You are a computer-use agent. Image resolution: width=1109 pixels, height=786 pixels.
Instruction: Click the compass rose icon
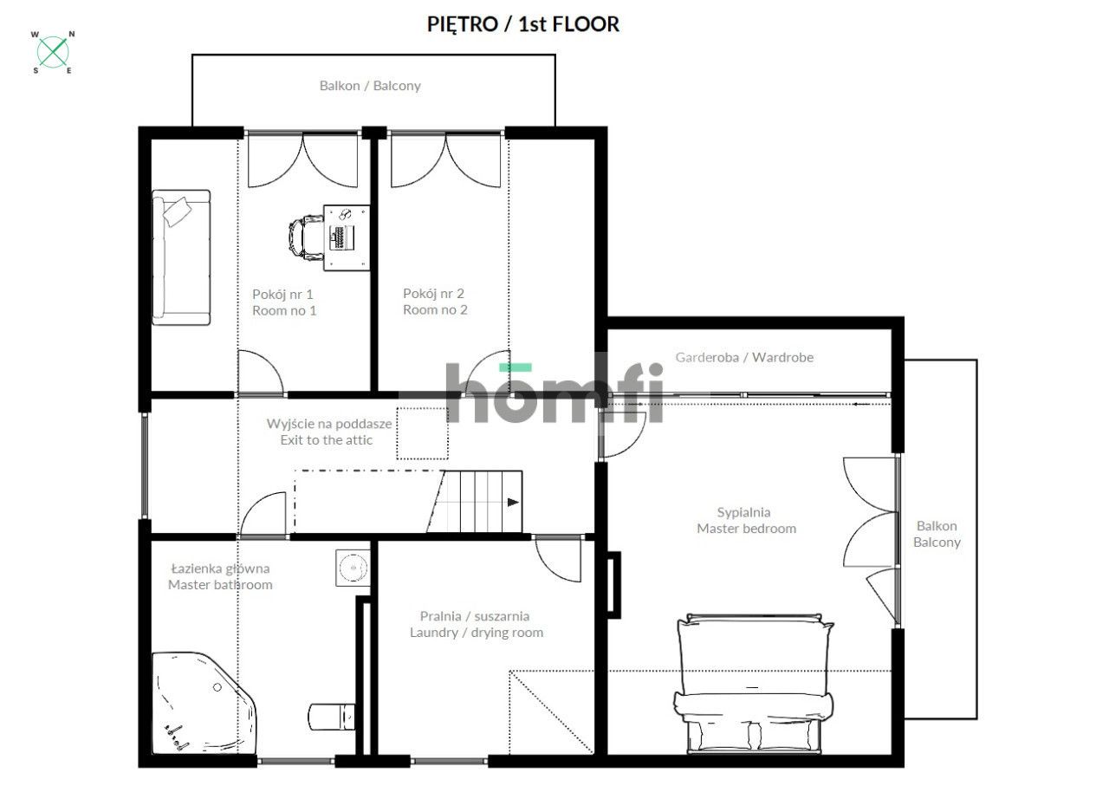point(53,52)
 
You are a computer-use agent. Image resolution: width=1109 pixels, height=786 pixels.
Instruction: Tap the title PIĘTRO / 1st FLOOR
point(522,24)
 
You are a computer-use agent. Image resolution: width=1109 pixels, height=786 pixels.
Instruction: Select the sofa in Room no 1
point(181,257)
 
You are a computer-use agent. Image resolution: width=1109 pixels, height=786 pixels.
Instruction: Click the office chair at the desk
point(306,237)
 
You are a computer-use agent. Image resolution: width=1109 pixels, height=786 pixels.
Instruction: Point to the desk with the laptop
point(347,237)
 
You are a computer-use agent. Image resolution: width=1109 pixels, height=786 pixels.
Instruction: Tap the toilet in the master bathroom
point(332,717)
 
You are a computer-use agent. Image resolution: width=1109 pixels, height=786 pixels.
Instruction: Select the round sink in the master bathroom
point(353,568)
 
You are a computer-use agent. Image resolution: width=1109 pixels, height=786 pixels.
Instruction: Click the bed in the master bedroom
point(754,684)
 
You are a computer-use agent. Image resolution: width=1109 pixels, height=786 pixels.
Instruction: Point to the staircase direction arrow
point(513,503)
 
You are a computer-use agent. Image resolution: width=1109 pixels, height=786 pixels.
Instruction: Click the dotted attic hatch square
point(422,433)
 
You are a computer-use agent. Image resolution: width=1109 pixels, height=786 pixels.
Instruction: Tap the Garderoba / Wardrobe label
point(744,357)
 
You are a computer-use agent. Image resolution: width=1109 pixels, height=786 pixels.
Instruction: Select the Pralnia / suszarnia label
point(475,616)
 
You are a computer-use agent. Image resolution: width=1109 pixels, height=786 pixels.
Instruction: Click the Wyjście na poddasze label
point(329,424)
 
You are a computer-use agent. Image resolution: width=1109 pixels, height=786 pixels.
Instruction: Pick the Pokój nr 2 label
point(434,294)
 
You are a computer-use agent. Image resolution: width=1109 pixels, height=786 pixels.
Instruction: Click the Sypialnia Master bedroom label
point(747,520)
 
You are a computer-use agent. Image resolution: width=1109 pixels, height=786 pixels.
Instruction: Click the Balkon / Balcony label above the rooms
point(370,86)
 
